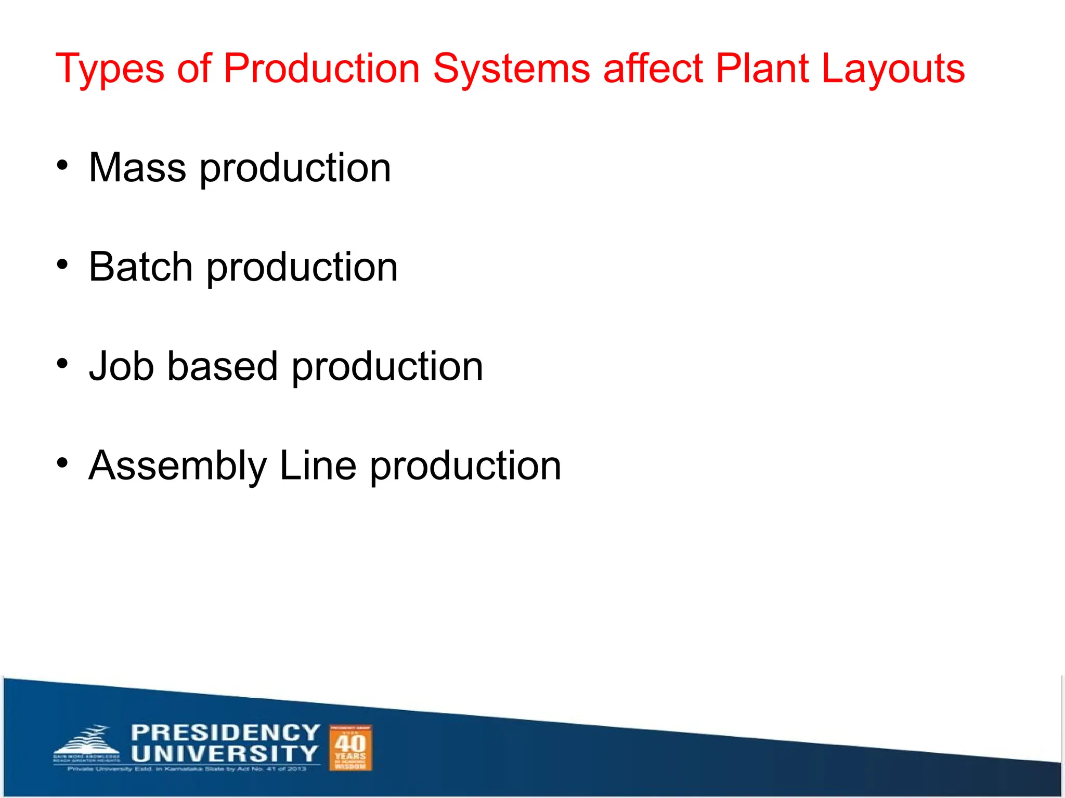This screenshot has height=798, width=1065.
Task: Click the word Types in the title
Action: coord(109,69)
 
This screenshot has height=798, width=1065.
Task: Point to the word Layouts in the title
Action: coord(893,69)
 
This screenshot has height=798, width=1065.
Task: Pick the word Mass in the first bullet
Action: coord(137,168)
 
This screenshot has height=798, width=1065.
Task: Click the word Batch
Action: coord(140,267)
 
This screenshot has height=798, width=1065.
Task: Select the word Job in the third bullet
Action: coord(121,366)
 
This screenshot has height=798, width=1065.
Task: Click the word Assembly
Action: coord(177,466)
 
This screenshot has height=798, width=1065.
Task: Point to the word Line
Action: coord(318,465)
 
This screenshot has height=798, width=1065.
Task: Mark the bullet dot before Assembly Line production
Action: coord(62,463)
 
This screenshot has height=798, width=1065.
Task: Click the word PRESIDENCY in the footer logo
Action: coord(225,733)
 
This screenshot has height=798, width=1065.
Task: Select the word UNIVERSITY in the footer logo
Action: coord(224,754)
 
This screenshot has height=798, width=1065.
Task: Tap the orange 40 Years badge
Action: coord(350,748)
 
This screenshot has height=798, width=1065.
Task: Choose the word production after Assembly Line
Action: coord(465,466)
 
